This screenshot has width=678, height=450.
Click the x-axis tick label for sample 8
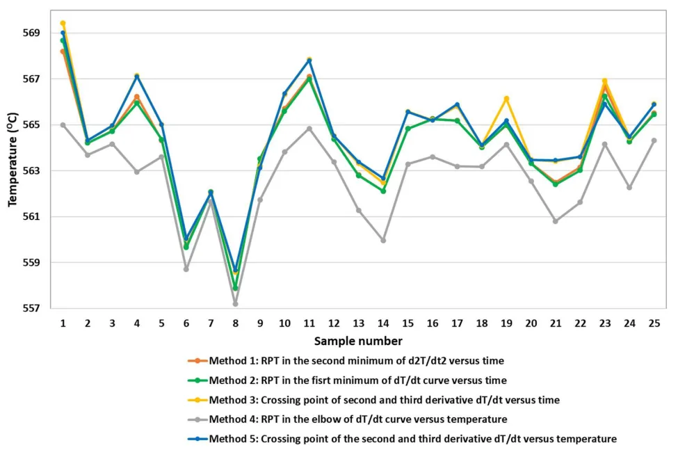235,323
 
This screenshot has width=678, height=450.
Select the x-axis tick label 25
654,323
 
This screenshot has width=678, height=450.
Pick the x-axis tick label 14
382,323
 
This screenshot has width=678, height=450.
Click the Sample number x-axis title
357,341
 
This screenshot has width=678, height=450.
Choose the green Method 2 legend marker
197,380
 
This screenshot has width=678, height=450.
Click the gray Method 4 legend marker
197,419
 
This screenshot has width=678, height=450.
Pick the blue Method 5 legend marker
197,438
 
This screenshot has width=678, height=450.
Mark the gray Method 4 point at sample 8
235,304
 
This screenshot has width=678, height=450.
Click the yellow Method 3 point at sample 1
63,23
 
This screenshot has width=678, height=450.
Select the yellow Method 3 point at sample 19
506,99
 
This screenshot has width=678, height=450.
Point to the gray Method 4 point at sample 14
382,240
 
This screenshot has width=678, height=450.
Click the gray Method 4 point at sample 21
555,221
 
